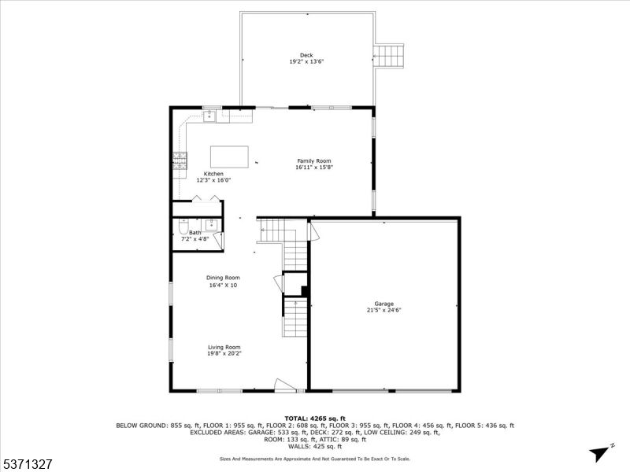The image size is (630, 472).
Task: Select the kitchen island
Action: coord(229,156)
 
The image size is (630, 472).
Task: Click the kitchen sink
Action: coord(209,117)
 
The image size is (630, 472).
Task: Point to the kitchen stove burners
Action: coord(179,160)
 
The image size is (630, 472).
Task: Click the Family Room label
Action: coord(313,160)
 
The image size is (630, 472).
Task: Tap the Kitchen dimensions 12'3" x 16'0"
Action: coord(213,180)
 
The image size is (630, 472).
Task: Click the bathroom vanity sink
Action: coord(211,224)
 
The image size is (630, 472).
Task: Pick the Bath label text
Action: coord(195,233)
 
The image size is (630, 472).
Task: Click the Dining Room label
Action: coord(223,278)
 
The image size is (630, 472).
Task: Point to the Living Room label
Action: coord(224,347)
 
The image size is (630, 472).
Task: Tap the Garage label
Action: coord(384,303)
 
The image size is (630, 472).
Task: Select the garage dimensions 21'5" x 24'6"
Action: coord(384,310)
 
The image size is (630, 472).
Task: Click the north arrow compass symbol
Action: coord(601,452)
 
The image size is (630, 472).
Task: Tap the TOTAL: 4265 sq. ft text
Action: coord(314,418)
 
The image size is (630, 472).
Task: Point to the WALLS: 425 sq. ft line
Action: coord(314,446)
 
